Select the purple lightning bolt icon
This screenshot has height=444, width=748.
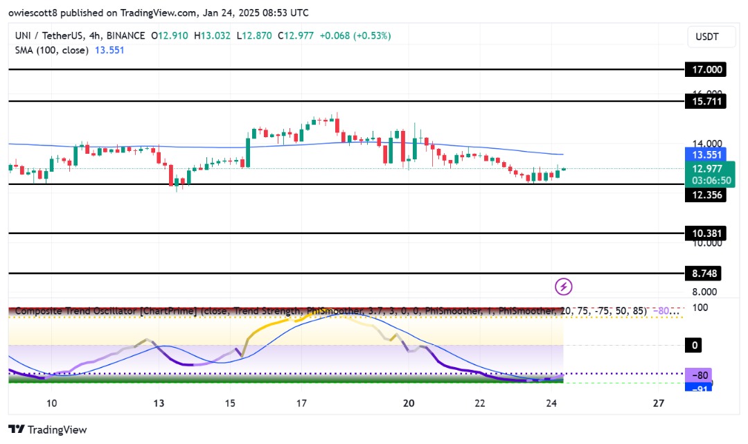tap(564, 285)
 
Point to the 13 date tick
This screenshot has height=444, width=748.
tap(159, 403)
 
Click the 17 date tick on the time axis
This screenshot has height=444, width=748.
tap(301, 403)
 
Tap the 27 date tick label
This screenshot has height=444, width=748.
tap(659, 403)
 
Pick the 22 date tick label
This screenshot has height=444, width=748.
tap(480, 403)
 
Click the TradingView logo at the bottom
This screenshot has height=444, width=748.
tap(48, 429)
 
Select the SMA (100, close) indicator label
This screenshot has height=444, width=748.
tap(48, 50)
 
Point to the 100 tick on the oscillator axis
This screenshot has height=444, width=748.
tap(700, 307)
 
